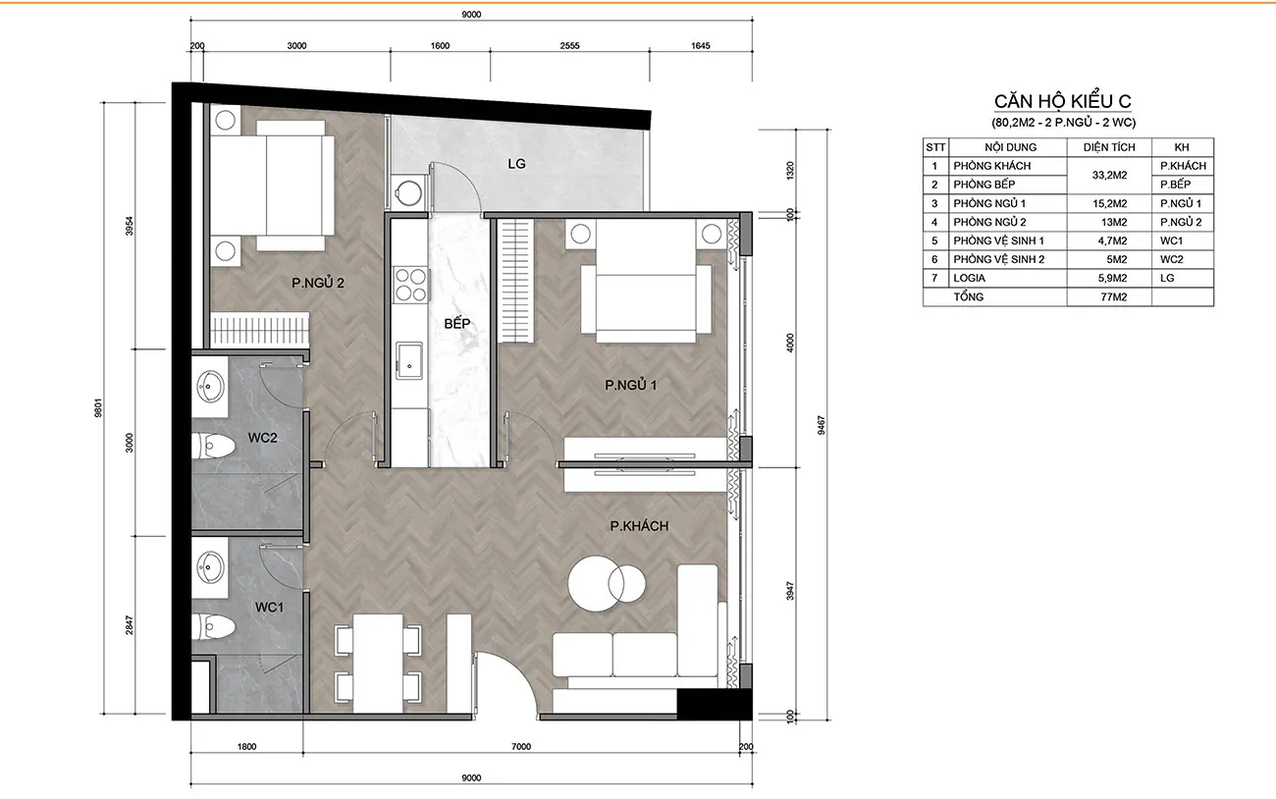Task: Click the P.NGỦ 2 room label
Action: [x=318, y=283]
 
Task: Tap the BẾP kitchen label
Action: [x=456, y=323]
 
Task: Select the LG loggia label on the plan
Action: [x=516, y=164]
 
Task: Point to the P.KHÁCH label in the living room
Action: [x=639, y=526]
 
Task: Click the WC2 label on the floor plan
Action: [x=263, y=438]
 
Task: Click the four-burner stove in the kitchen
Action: [x=411, y=285]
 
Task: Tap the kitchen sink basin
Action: [x=409, y=360]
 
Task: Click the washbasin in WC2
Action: [x=210, y=387]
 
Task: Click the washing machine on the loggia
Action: [x=408, y=192]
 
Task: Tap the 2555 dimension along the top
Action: [x=569, y=45]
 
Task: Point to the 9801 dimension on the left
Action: [x=98, y=407]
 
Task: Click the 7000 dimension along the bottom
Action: [x=521, y=746]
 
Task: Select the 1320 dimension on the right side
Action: [x=789, y=171]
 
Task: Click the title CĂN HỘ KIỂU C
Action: [x=1063, y=101]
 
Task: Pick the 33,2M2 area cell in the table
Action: [x=1110, y=175]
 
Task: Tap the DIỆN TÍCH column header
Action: [x=1110, y=147]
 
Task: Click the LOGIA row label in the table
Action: [x=970, y=278]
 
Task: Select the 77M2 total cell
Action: [x=1114, y=296]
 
